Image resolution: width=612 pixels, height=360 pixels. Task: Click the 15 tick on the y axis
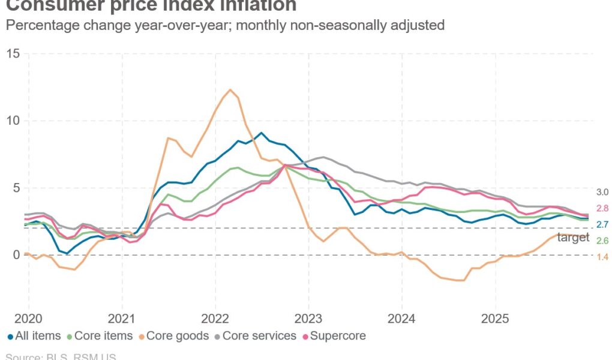pos(13,54)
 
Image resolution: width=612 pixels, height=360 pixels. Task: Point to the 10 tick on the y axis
pos(13,121)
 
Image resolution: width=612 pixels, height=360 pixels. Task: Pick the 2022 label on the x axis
pos(215,317)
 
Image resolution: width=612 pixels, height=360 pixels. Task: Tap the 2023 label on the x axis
pos(308,317)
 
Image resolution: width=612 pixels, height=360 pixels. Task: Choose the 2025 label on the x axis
pos(495,317)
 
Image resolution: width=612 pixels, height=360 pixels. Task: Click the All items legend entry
pos(36,336)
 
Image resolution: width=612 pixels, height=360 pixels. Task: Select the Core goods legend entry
pos(172,336)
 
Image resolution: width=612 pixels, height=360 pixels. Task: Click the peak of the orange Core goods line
pos(230,89)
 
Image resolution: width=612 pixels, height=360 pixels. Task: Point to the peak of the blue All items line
pos(260,133)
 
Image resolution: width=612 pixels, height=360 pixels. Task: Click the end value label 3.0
pos(602,193)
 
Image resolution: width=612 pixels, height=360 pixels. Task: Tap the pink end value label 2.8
pos(602,208)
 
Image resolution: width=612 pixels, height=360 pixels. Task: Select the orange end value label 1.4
pos(602,256)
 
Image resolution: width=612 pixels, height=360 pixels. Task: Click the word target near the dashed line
pos(574,238)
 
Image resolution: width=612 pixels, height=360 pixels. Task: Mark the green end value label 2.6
pos(602,241)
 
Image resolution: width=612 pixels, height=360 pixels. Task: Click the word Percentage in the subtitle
pos(35,26)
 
